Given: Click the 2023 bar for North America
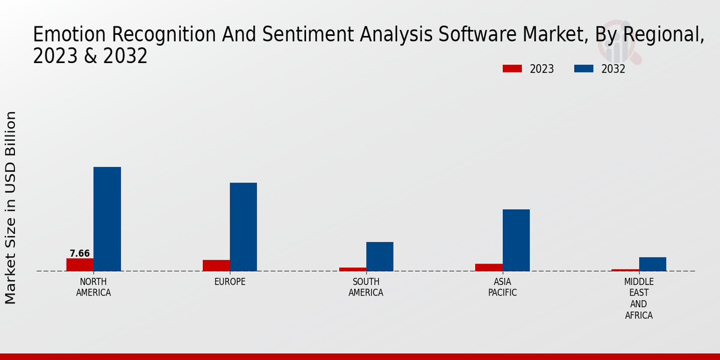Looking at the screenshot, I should click(80, 265).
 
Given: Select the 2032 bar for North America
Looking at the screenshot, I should click(107, 219).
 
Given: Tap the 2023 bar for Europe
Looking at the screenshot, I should click(216, 265).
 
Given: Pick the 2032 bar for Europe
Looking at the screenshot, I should click(244, 227).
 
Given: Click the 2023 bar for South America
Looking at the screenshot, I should click(353, 269).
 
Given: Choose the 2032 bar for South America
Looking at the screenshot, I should click(380, 256).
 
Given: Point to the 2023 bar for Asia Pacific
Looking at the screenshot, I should click(489, 267).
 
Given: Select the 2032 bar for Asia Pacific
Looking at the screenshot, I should click(516, 240).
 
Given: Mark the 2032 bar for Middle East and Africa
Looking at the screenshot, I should click(652, 264).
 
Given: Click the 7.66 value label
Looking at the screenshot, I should click(80, 253).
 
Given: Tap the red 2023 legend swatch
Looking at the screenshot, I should click(512, 69).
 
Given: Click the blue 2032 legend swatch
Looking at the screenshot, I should click(583, 69).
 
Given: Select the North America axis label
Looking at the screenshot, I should click(94, 287).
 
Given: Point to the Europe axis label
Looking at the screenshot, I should click(230, 282).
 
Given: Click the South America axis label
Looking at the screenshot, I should click(366, 287).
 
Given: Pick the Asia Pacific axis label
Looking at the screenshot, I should click(502, 287).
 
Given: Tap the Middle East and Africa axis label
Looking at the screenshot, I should click(639, 298).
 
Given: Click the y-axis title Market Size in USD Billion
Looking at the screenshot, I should click(11, 207).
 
